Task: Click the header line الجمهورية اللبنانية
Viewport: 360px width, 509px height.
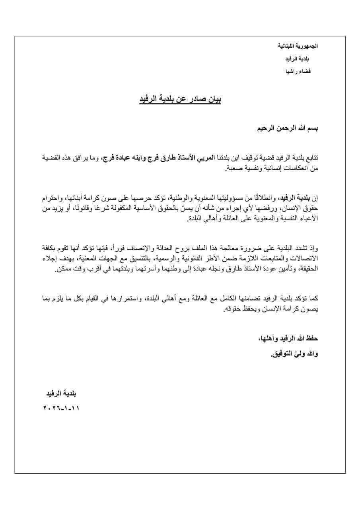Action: pyautogui.click(x=298, y=46)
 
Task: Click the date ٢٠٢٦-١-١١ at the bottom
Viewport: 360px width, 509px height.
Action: pyautogui.click(x=61, y=408)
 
